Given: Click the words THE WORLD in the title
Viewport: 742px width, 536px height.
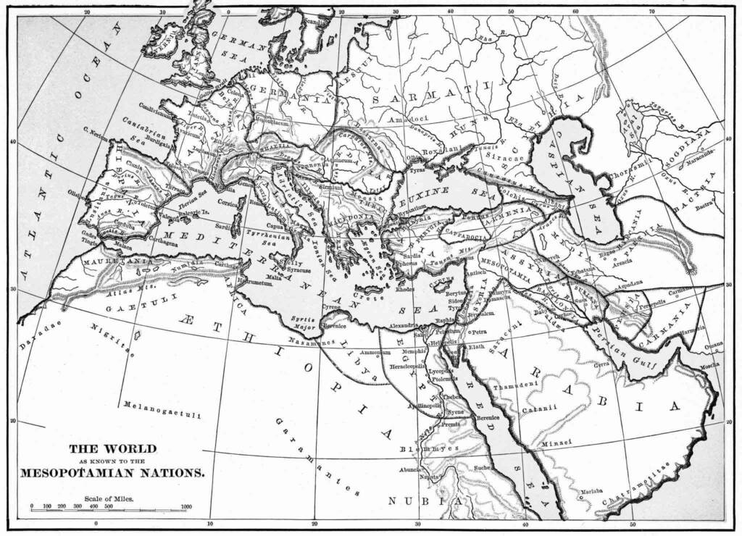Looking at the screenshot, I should click(112, 448).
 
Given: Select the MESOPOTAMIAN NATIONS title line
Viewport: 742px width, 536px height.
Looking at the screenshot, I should click(112, 472).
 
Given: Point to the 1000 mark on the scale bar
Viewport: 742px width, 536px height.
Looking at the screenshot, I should click(185, 506).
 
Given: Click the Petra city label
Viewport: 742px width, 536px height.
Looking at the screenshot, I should click(478, 332).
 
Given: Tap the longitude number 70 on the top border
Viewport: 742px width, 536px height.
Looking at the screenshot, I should click(652, 12).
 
